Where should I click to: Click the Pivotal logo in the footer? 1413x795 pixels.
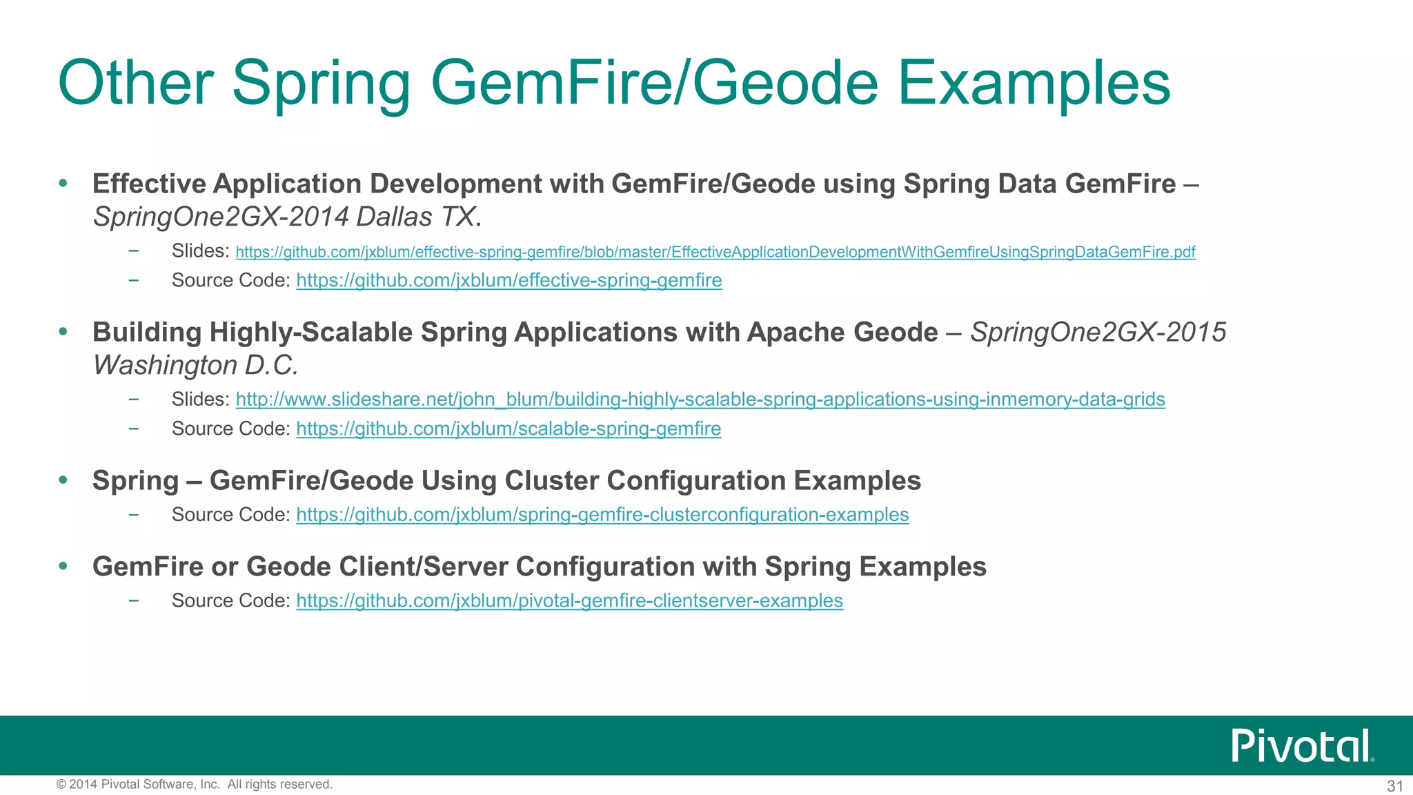pos(1303,745)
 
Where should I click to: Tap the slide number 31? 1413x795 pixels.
pos(1395,785)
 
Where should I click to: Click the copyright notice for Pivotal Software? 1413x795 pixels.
pos(194,784)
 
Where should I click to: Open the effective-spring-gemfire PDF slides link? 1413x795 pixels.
pos(715,252)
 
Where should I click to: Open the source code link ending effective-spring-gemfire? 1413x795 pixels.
pos(508,280)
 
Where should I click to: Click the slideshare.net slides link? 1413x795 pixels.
pos(700,399)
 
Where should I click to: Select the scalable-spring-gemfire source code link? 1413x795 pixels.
pos(508,429)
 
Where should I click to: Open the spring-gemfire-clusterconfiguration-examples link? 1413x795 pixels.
pos(602,515)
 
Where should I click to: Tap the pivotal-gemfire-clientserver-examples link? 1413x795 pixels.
pos(569,600)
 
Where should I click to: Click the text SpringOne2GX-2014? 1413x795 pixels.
pos(221,217)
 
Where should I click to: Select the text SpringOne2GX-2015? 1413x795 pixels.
pos(1098,332)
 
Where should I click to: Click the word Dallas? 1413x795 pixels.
pos(394,217)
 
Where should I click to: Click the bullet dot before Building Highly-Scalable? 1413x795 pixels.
pos(63,332)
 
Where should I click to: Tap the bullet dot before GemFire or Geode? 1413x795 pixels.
pos(63,567)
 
